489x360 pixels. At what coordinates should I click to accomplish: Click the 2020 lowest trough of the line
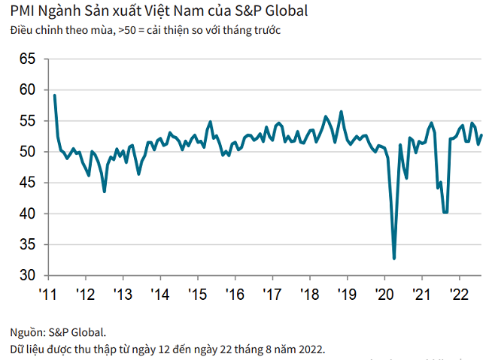[394, 259]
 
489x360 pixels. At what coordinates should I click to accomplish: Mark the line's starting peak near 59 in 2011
[55, 95]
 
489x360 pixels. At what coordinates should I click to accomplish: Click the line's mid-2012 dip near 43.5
[104, 192]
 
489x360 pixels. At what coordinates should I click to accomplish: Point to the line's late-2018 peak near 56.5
[342, 111]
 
